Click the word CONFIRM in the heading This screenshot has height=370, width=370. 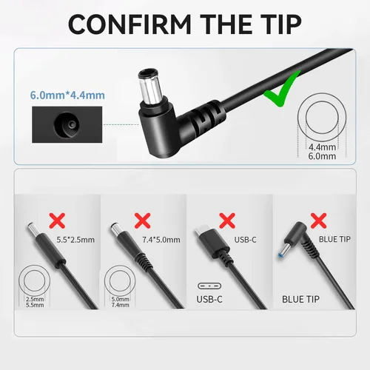tap(129, 24)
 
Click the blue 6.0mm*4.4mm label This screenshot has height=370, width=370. tap(67, 95)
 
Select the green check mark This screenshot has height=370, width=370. tap(281, 90)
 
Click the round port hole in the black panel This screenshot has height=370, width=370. tap(67, 125)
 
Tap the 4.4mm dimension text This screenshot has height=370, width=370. tap(322, 147)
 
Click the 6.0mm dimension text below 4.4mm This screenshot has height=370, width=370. tap(322, 156)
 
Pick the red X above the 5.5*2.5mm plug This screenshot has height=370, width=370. tap(57, 221)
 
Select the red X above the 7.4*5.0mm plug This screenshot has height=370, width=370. tap(143, 221)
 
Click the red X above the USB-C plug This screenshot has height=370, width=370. tap(227, 221)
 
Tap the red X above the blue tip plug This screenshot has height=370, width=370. tap(318, 221)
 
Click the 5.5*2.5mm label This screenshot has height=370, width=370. tap(75, 240)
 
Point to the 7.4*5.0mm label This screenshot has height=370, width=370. tap(161, 240)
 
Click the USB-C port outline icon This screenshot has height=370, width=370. tap(209, 286)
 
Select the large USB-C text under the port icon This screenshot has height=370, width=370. tap(209, 300)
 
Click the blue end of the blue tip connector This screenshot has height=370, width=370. tap(280, 255)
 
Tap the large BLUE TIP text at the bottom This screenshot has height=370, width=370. tap(300, 300)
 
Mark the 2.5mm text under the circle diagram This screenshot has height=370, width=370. tap(35, 299)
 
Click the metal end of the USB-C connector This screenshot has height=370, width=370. tap(200, 232)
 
